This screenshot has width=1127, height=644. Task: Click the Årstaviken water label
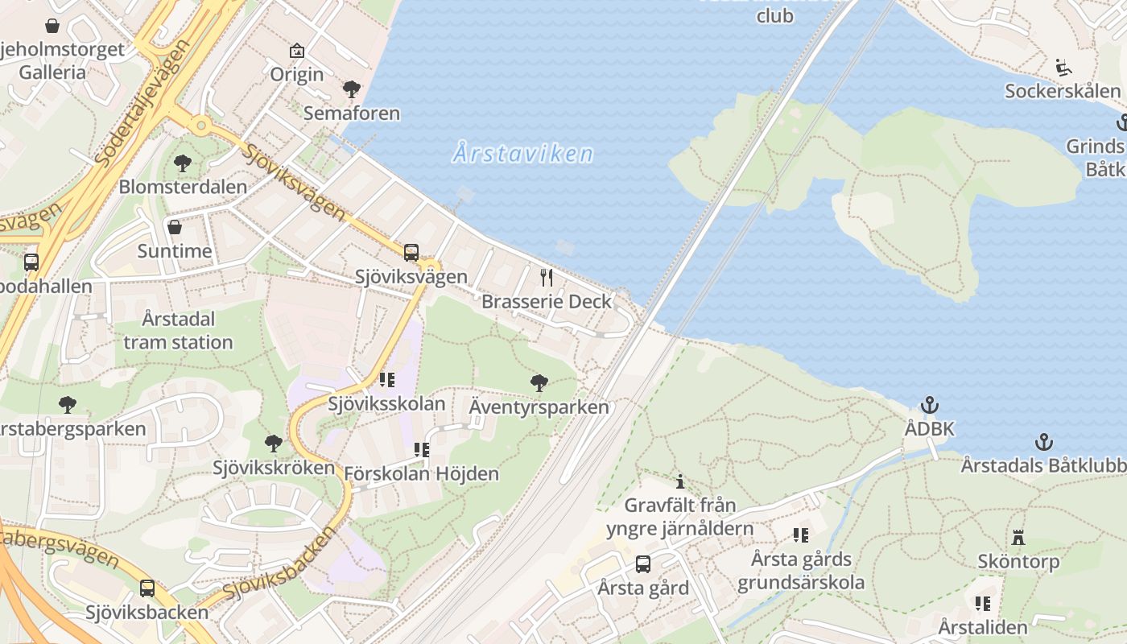[523, 153]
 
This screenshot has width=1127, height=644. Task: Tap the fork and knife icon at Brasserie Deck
[547, 278]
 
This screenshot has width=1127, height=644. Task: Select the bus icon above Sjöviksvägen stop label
[411, 252]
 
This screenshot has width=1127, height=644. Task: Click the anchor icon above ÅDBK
[930, 404]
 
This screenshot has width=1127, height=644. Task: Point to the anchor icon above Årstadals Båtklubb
[1043, 441]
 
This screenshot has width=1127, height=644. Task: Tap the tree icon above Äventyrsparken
[539, 382]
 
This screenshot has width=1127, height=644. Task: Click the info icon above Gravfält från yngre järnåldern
[680, 481]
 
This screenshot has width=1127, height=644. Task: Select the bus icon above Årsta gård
[642, 563]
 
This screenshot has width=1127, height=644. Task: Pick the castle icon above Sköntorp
[1018, 537]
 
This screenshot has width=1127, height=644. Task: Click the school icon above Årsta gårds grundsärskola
[800, 535]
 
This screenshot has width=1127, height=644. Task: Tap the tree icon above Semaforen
[351, 89]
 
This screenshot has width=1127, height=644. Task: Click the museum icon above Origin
[297, 51]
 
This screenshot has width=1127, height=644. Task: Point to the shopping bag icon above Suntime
[175, 227]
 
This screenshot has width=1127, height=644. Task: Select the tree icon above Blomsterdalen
[183, 163]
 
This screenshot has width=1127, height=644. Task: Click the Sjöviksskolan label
[386, 403]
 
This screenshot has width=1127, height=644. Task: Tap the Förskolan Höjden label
[421, 473]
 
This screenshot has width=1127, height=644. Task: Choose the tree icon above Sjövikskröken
[274, 443]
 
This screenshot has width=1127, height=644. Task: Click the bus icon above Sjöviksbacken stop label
[147, 588]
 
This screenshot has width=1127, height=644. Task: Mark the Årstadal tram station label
[178, 330]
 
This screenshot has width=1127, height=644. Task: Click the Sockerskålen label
[1062, 91]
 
